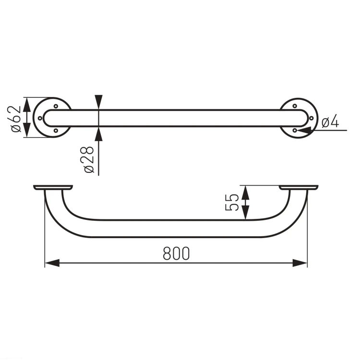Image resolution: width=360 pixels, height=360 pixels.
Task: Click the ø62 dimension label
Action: pos(16,119)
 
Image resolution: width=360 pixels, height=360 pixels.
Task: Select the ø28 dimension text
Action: pos(89,159)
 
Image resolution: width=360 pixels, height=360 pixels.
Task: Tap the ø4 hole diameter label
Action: pos(330,121)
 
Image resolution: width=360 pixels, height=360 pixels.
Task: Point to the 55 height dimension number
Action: pos(232,202)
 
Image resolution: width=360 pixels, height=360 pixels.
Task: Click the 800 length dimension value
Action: pos(176,253)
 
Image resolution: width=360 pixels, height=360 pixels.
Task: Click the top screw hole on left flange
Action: pos(56,106)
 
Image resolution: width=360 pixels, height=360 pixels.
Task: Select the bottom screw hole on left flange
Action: pos(56,131)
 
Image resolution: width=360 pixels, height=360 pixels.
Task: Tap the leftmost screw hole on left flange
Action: pos(40,118)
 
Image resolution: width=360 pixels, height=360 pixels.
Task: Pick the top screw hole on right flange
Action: pos(295,106)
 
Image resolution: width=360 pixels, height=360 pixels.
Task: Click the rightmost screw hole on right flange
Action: pos(312,118)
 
